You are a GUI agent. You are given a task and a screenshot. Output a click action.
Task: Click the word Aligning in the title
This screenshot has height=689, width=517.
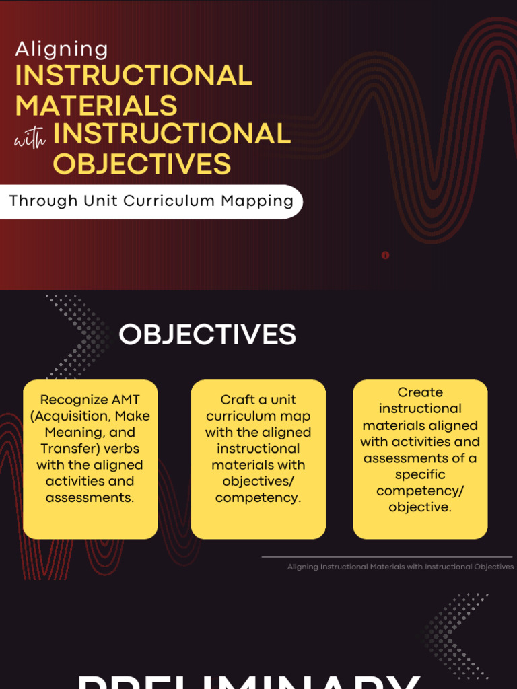pos(61,49)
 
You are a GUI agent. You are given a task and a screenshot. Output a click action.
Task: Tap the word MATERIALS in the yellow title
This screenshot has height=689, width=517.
pos(96,106)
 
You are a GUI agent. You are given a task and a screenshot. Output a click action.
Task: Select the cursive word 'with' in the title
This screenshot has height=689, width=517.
pos(30,139)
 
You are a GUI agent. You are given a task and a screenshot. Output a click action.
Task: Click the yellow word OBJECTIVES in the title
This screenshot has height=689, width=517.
pos(142,164)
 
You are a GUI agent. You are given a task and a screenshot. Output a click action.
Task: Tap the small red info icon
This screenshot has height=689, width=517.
pos(385,255)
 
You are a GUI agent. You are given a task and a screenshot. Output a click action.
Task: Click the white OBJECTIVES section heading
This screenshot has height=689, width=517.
pos(207,334)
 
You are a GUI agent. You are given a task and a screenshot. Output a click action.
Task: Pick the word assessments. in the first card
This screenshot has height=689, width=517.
pos(90,498)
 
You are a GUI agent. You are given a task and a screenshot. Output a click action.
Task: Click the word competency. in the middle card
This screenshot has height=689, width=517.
pos(258,498)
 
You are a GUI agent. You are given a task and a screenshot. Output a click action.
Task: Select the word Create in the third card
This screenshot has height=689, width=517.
pos(420,392)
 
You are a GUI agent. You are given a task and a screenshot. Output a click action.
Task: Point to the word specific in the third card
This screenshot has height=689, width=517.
pos(420,474)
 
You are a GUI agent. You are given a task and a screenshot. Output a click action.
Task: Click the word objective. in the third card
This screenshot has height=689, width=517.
pos(420,507)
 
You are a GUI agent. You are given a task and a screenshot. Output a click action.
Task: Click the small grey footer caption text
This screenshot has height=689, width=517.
pos(401,567)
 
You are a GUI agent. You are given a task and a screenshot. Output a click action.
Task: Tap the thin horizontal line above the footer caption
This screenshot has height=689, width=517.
pos(386,556)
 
